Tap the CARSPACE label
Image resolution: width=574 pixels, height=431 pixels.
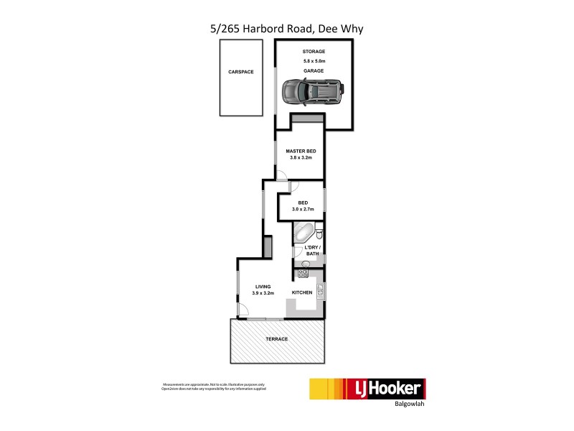click(x=241, y=72)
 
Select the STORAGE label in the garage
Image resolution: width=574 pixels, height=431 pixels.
click(x=314, y=52)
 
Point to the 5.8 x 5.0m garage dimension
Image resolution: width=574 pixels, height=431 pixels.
click(x=314, y=62)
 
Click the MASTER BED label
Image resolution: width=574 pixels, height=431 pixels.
click(x=300, y=151)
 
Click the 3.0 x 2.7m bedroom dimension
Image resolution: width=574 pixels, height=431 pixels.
click(x=304, y=209)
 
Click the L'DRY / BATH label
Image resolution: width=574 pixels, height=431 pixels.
click(x=312, y=250)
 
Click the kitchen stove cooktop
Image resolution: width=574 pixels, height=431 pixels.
click(x=303, y=274)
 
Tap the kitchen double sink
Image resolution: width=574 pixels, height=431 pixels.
click(x=321, y=291)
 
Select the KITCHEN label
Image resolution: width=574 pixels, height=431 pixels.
click(x=302, y=293)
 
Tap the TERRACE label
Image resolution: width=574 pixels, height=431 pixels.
click(x=277, y=339)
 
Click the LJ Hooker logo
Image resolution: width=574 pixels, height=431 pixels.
click(x=367, y=389)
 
